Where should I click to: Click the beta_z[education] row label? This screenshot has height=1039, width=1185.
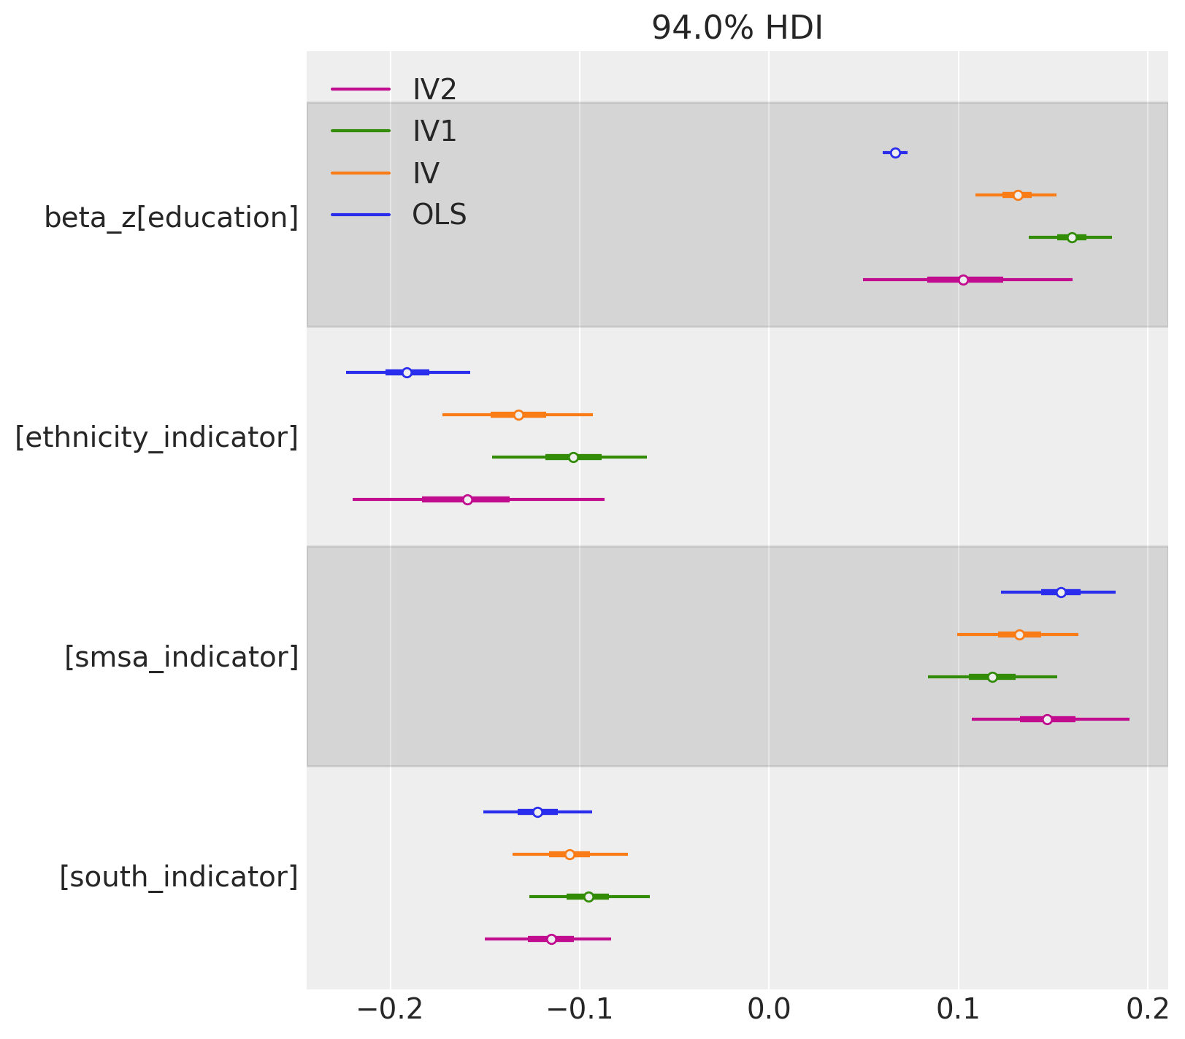[x=171, y=218]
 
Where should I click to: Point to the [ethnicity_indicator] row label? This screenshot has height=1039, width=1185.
[x=156, y=437]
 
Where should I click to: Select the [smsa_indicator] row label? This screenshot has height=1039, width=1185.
[x=181, y=657]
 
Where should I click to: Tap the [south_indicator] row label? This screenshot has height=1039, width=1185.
[x=178, y=876]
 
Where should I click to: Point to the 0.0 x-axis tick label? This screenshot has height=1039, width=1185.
[x=769, y=1010]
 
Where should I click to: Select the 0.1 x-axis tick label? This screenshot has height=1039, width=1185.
[x=958, y=1010]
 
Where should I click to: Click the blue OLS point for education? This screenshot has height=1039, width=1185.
[x=895, y=153]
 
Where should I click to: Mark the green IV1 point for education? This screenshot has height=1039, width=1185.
[x=1072, y=237]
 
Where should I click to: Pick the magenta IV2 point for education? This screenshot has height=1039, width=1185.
[x=963, y=280]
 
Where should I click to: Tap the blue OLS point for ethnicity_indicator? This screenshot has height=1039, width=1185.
[x=407, y=372]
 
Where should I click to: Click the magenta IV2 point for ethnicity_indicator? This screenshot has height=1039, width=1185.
[x=467, y=499]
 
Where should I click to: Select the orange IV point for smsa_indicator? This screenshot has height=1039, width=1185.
[x=1019, y=634]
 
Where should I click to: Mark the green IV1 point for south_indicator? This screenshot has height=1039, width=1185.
[x=588, y=897]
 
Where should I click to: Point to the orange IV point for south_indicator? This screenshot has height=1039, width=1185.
[x=570, y=854]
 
